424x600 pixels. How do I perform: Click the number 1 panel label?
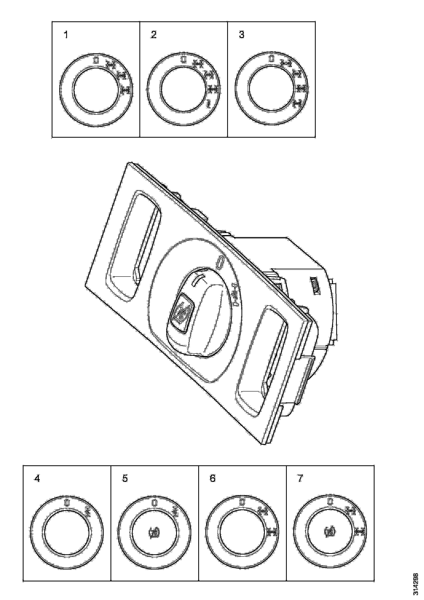pos(66,35)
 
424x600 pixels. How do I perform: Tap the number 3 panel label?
pos(242,35)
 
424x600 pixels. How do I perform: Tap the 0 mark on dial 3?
pos(272,59)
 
